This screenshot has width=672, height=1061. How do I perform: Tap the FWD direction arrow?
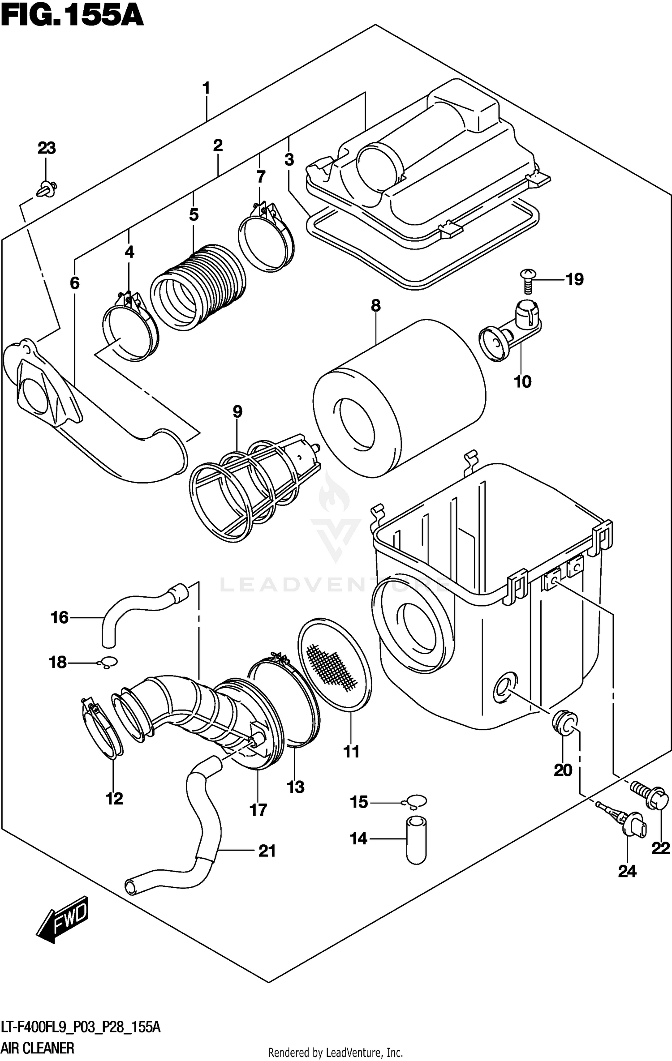[x=63, y=918]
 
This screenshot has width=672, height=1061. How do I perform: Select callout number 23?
[x=47, y=148]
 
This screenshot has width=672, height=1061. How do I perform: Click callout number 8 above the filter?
[x=375, y=306]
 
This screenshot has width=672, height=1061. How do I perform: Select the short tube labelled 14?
[x=416, y=840]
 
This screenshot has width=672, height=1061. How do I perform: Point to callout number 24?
[x=627, y=871]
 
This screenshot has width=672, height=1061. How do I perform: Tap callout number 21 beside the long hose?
[x=267, y=851]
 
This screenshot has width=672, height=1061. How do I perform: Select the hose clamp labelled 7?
[x=267, y=240]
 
